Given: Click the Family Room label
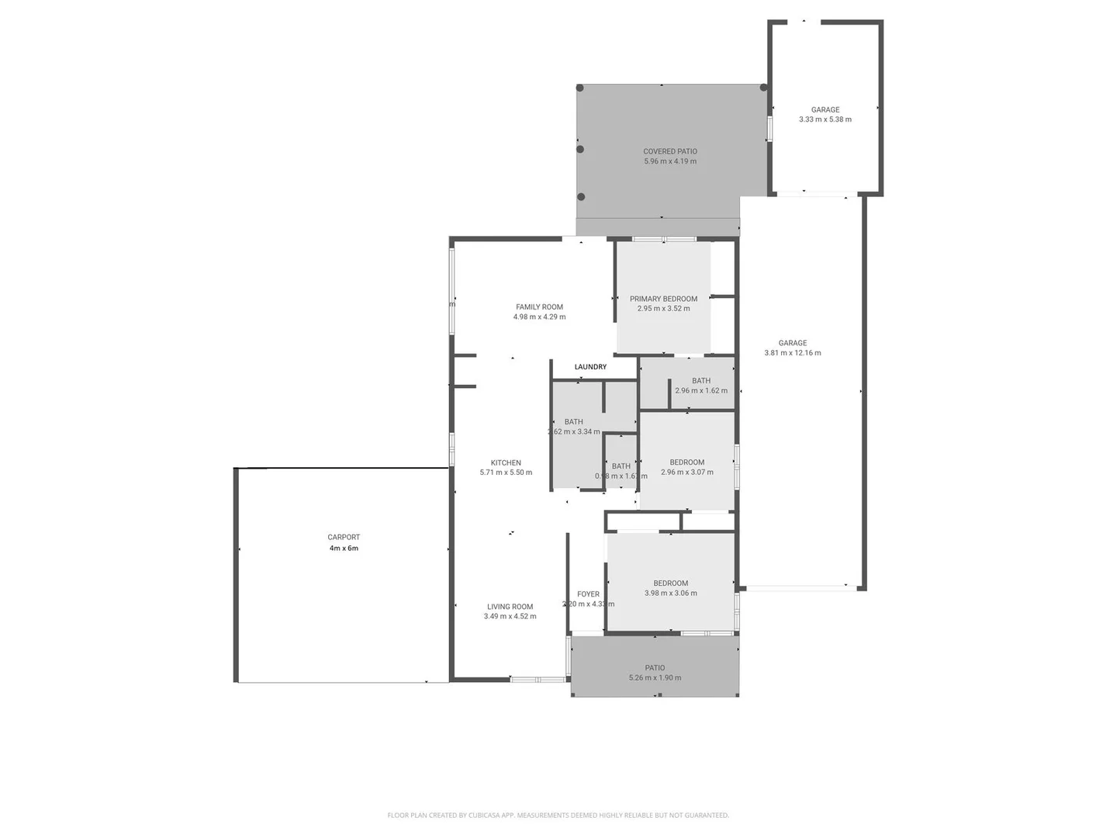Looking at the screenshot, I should tap(539, 306).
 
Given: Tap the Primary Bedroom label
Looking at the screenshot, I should tap(663, 299).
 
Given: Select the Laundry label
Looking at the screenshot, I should tap(590, 367).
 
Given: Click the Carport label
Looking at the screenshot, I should tap(344, 537).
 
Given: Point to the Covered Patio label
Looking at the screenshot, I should tap(670, 151).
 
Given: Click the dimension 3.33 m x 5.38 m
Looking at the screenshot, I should tap(825, 119).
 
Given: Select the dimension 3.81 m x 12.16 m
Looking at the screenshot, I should tap(793, 353).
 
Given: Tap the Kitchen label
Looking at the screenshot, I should tap(506, 462).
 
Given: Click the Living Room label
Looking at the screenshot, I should tap(510, 607).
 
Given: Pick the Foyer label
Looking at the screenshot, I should tap(588, 594).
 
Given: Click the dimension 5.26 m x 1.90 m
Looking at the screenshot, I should tap(655, 678).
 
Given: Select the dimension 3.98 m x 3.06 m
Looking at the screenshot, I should tap(670, 594).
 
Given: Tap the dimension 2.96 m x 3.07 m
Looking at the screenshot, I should tap(687, 473).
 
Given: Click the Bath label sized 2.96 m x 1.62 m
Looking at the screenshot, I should tap(701, 380).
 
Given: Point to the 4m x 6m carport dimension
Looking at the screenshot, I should tap(344, 549).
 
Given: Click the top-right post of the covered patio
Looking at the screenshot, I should tap(764, 88).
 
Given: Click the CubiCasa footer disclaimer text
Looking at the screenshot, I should tap(558, 815).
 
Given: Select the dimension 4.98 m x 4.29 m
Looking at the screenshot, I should tap(539, 317).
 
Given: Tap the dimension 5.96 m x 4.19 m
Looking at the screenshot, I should tap(670, 162).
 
